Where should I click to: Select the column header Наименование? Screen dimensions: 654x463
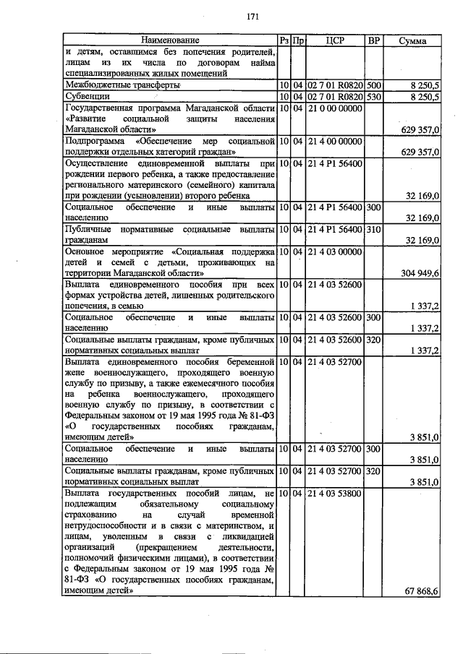[170, 40]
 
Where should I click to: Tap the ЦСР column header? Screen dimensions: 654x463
[334, 40]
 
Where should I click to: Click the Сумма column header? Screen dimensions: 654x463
[413, 40]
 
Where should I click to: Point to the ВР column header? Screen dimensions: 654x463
[374, 40]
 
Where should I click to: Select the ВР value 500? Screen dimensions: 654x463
[373, 85]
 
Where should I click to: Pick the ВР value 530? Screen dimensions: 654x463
[373, 95]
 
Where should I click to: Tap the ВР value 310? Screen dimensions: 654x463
[373, 229]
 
